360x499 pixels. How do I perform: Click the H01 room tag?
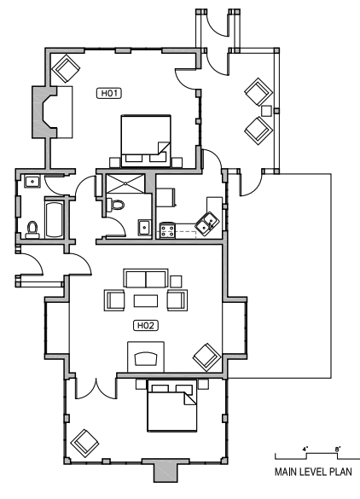[x=108, y=94]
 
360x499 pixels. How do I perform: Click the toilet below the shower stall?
[x=116, y=205]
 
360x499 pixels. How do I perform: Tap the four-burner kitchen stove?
[x=167, y=229]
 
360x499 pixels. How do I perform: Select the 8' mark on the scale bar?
[x=338, y=447]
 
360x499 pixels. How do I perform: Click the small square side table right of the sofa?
[x=177, y=281]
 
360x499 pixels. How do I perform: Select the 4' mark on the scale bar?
[x=305, y=447]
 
